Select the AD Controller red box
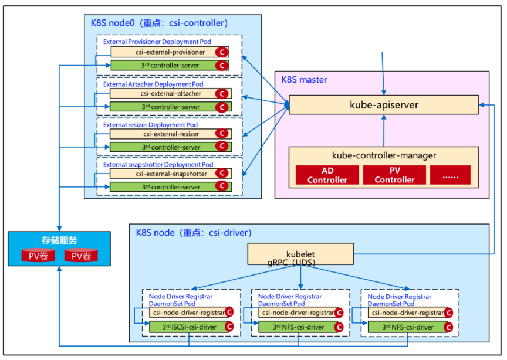pos(327,175)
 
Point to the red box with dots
pos(450,175)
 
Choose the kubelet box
pos(300,254)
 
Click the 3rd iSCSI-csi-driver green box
pos(185,327)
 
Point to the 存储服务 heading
pos(59,240)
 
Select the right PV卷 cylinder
pos(82,256)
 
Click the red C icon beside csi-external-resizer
pos(222,134)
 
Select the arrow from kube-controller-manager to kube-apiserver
pos(384,130)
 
